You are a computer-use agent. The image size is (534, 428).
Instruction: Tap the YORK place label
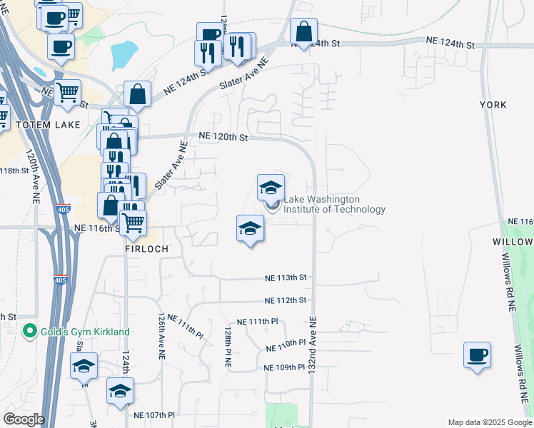tap(493, 105)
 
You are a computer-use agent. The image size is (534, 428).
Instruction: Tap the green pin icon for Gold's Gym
tap(29, 332)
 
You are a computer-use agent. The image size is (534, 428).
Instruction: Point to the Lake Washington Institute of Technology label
tap(334, 205)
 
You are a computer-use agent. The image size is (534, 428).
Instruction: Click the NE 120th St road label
tap(223, 136)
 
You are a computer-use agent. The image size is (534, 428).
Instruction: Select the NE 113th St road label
tap(286, 277)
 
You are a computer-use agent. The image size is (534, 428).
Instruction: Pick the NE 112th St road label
tap(285, 300)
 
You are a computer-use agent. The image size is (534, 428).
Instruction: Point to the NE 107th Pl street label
tap(154, 414)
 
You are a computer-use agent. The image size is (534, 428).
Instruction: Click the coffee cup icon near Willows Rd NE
tap(477, 355)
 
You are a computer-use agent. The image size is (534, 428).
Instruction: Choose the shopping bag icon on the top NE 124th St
tap(303, 32)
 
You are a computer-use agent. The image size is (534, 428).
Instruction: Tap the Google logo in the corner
tap(23, 419)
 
